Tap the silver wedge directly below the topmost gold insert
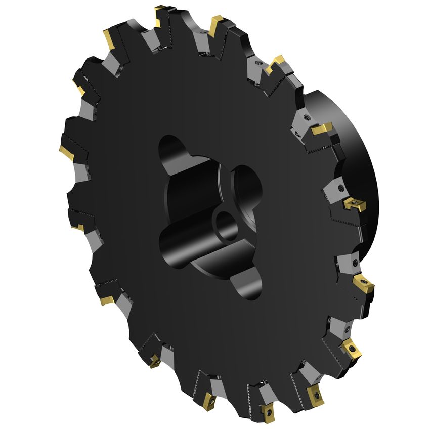152,38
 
